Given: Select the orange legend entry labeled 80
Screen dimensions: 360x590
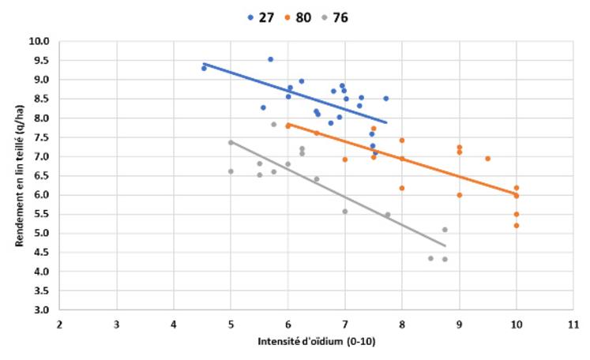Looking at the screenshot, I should [x=298, y=17].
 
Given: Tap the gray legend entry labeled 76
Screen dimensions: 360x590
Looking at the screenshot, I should [x=335, y=17].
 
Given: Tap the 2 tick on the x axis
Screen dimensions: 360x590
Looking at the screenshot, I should [x=59, y=324].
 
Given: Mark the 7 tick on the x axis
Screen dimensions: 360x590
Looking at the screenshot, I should [x=344, y=324].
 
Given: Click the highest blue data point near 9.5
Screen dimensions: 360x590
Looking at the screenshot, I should [x=270, y=59].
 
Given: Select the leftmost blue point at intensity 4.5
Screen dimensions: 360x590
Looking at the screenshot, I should [x=204, y=69].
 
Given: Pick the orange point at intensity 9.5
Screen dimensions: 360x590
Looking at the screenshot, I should [x=487, y=159].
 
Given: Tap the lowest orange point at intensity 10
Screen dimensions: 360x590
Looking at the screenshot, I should [x=516, y=225].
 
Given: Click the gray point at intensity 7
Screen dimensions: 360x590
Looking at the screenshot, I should [x=344, y=212].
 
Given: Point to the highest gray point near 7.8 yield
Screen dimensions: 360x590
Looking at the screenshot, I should [x=274, y=125].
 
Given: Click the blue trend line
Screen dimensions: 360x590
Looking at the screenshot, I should [x=316, y=98].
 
